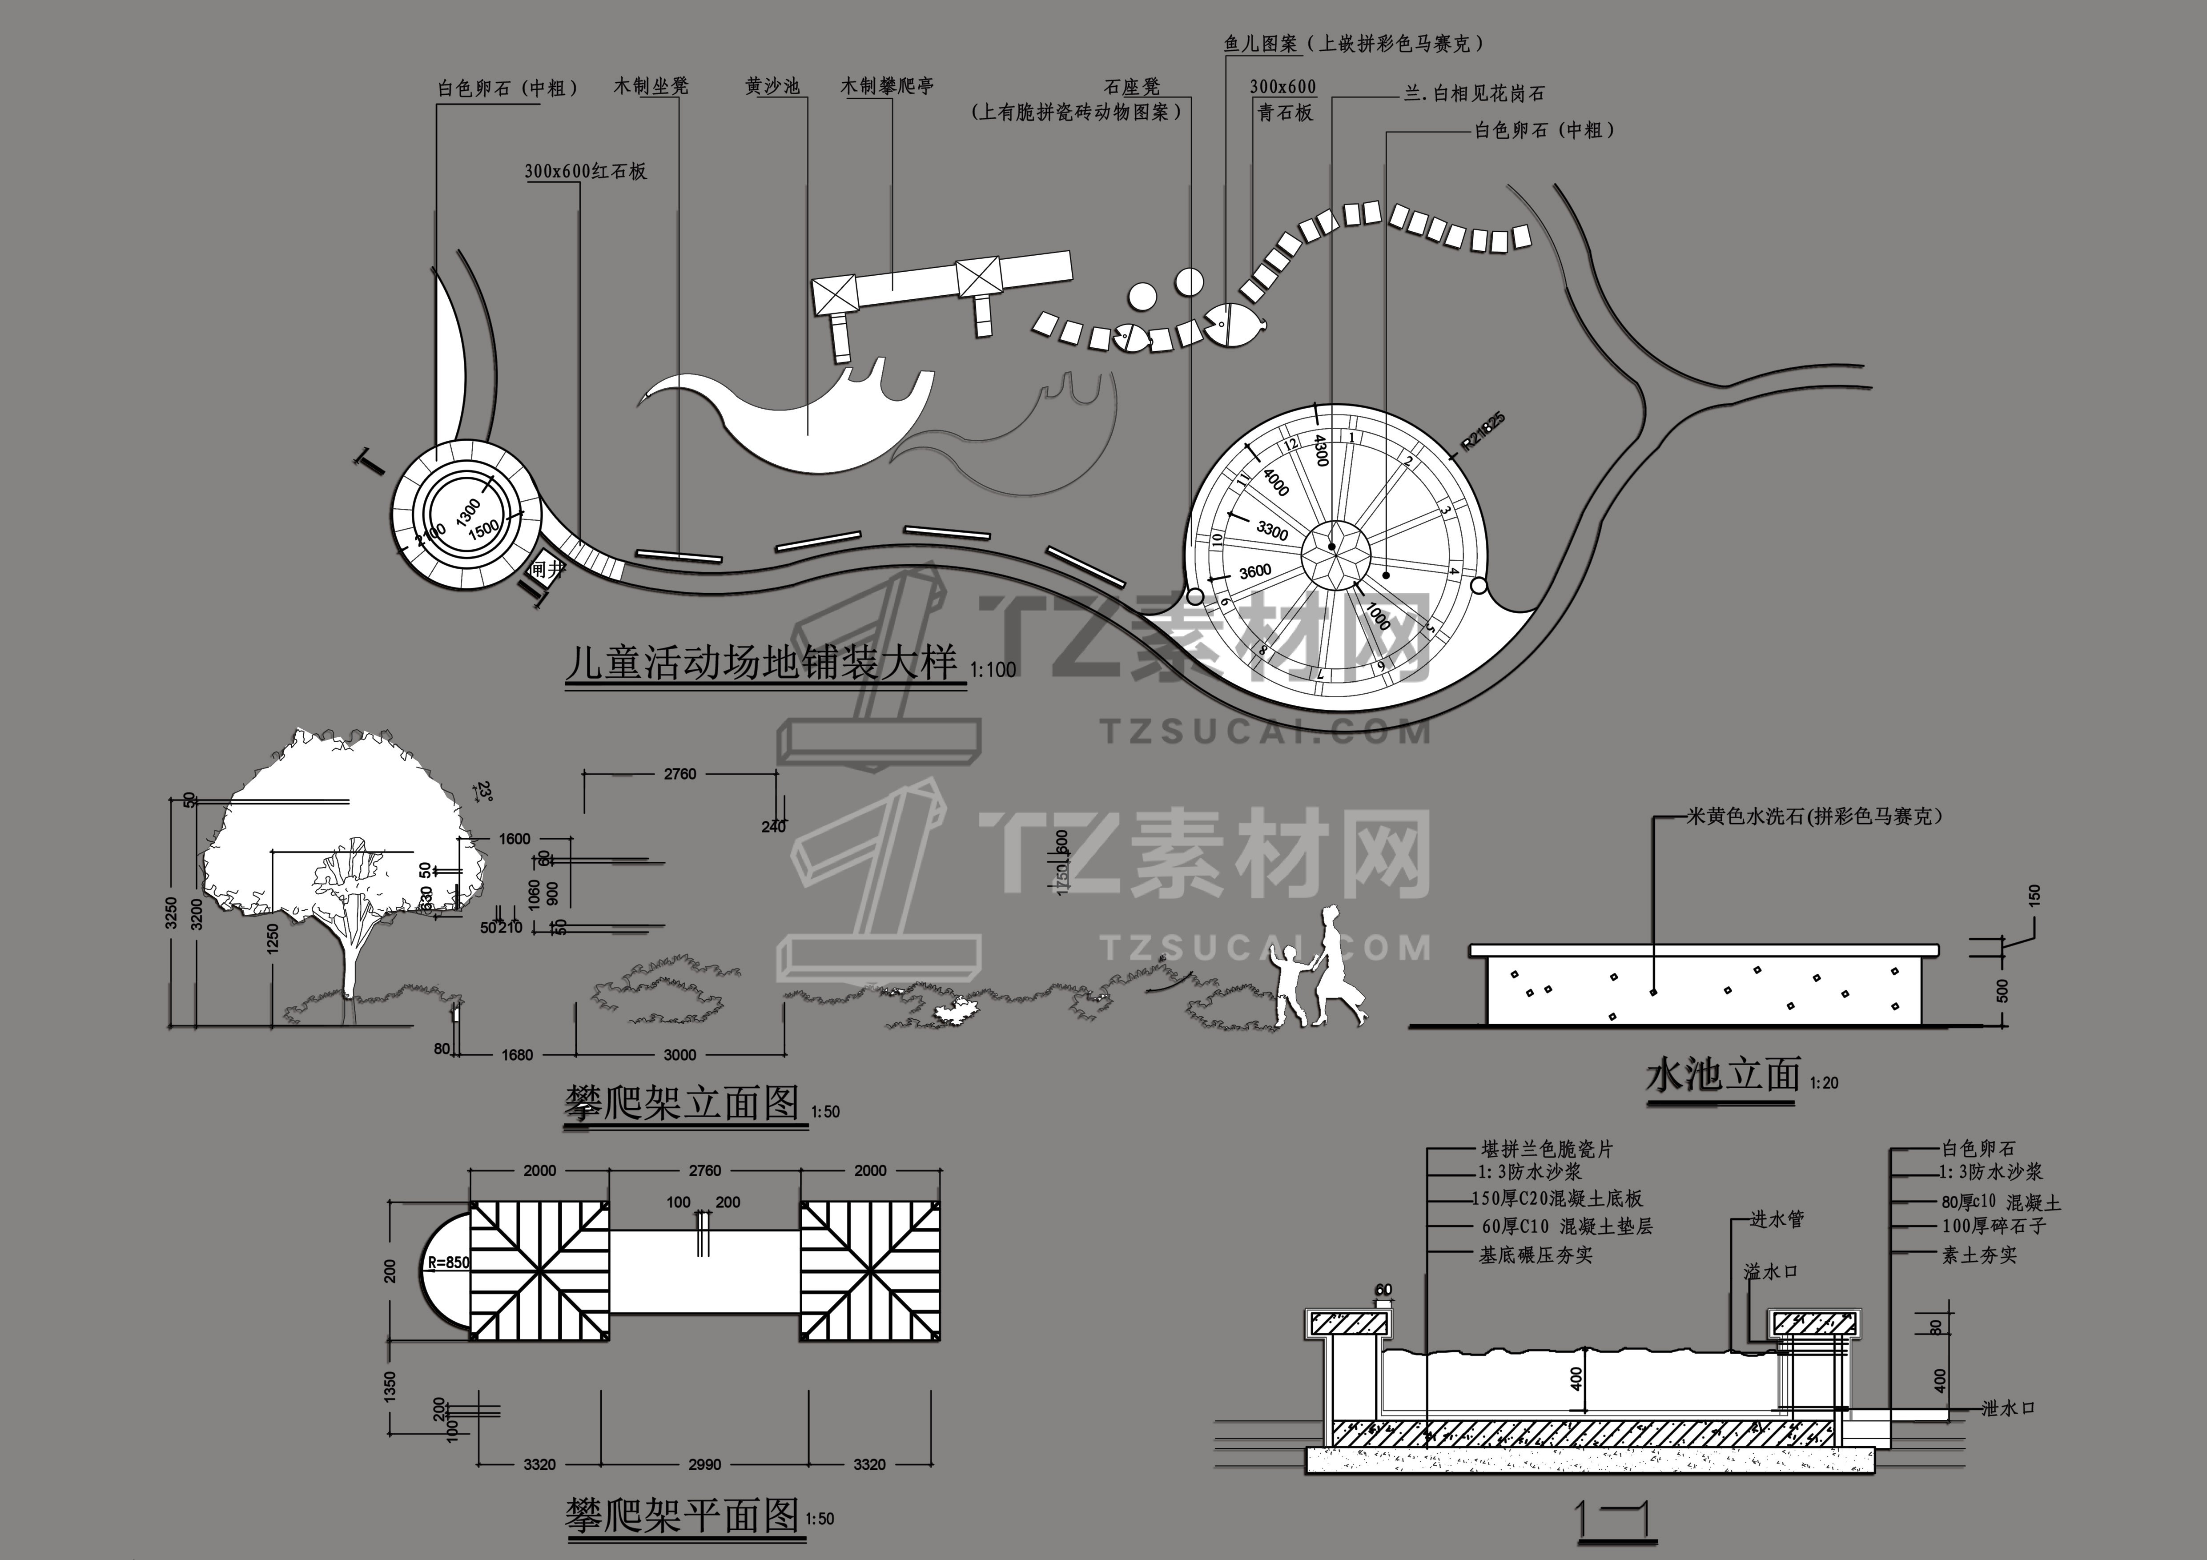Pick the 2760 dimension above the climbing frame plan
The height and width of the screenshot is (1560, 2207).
coord(704,1171)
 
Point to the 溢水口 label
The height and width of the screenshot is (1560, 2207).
coord(1771,1272)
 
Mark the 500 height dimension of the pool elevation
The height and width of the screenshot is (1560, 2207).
coord(2003,990)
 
